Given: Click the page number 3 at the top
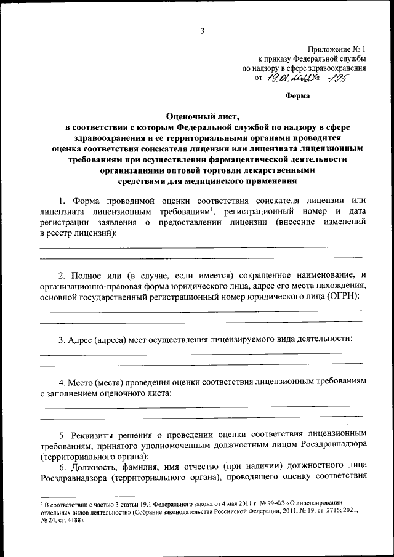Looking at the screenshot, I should pos(201,31).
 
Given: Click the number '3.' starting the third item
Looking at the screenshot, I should pos(63,339).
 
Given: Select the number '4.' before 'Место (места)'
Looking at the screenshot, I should pos(62,382).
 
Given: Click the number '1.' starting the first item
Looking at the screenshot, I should pos(62,201).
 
